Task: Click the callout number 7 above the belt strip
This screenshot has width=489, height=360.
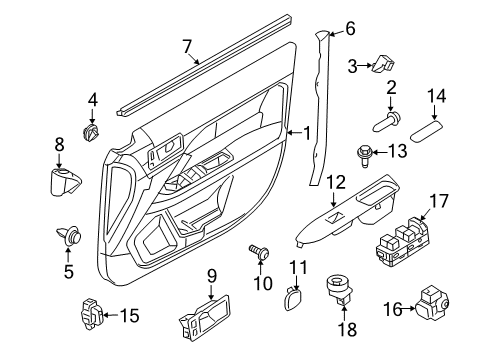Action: point(185,44)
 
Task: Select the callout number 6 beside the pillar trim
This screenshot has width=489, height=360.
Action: point(350,29)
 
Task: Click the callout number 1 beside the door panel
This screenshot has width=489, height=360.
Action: point(307,132)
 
